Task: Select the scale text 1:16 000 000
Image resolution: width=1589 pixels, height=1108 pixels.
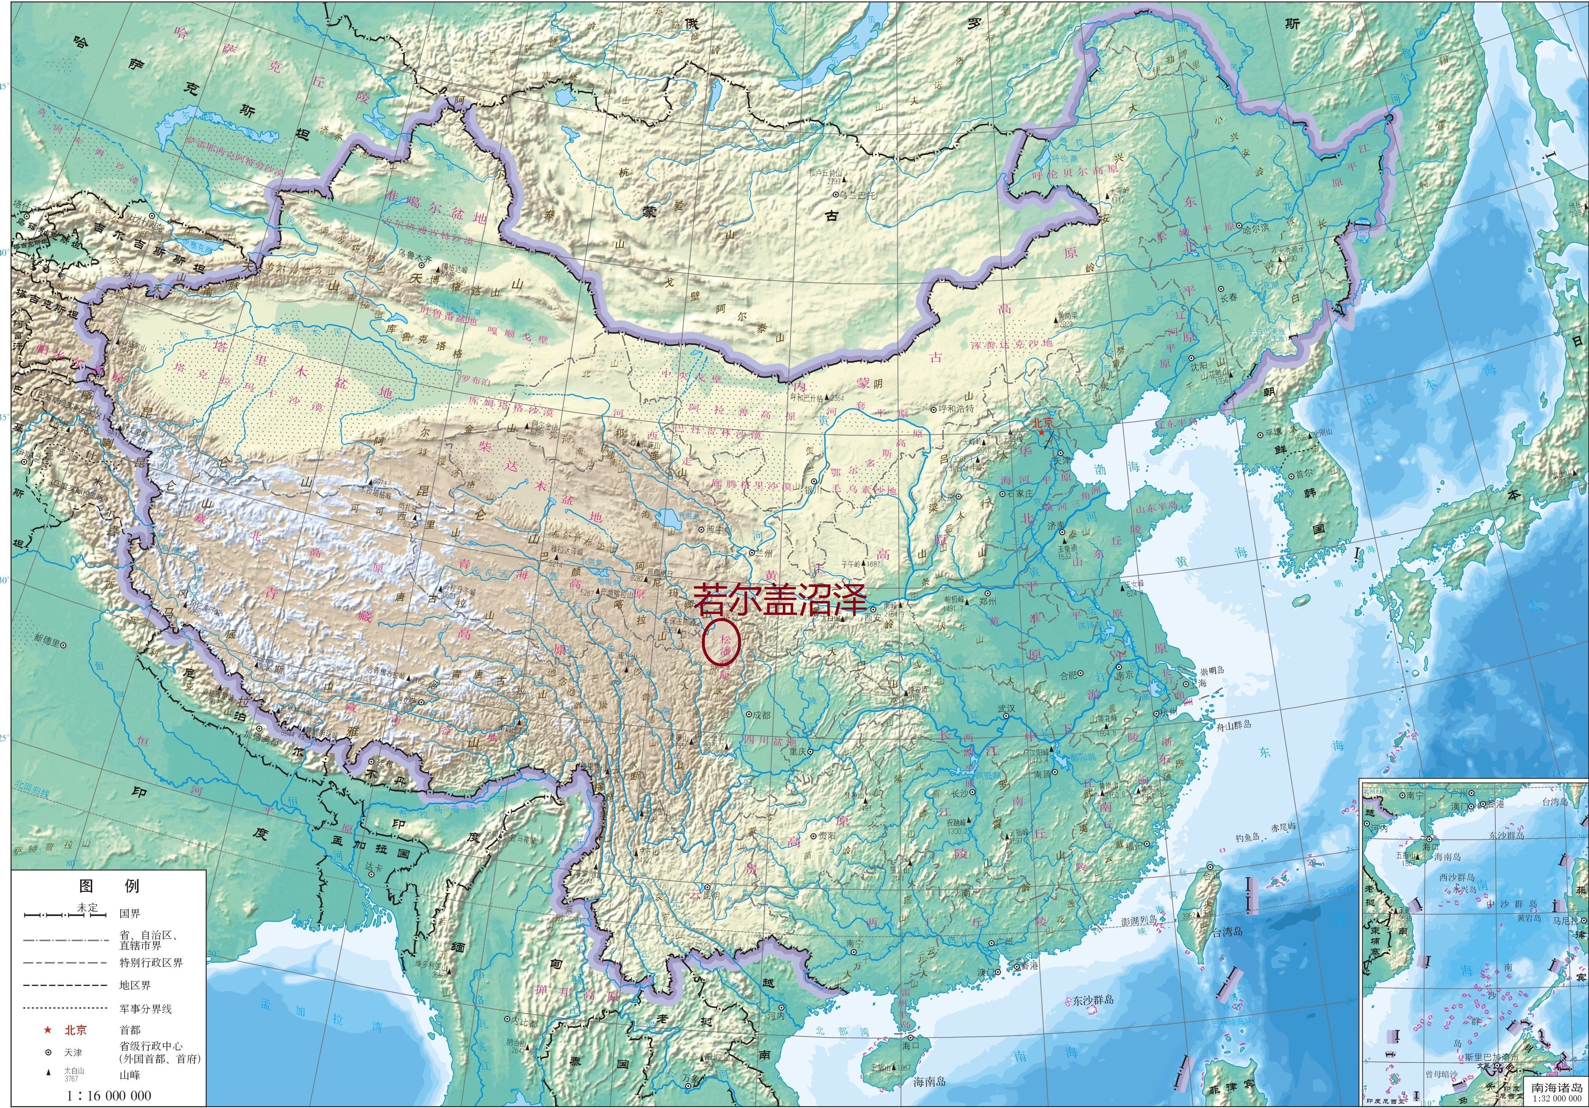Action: (x=109, y=1095)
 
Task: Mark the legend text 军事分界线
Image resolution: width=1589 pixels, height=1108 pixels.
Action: (x=145, y=1008)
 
